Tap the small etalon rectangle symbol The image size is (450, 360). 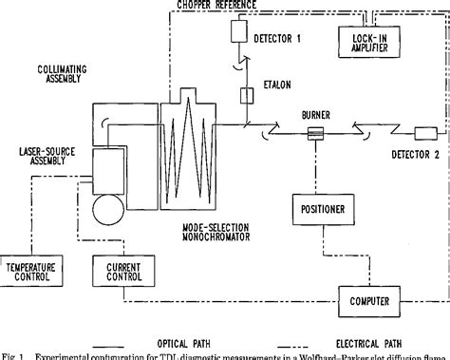click(246, 95)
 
